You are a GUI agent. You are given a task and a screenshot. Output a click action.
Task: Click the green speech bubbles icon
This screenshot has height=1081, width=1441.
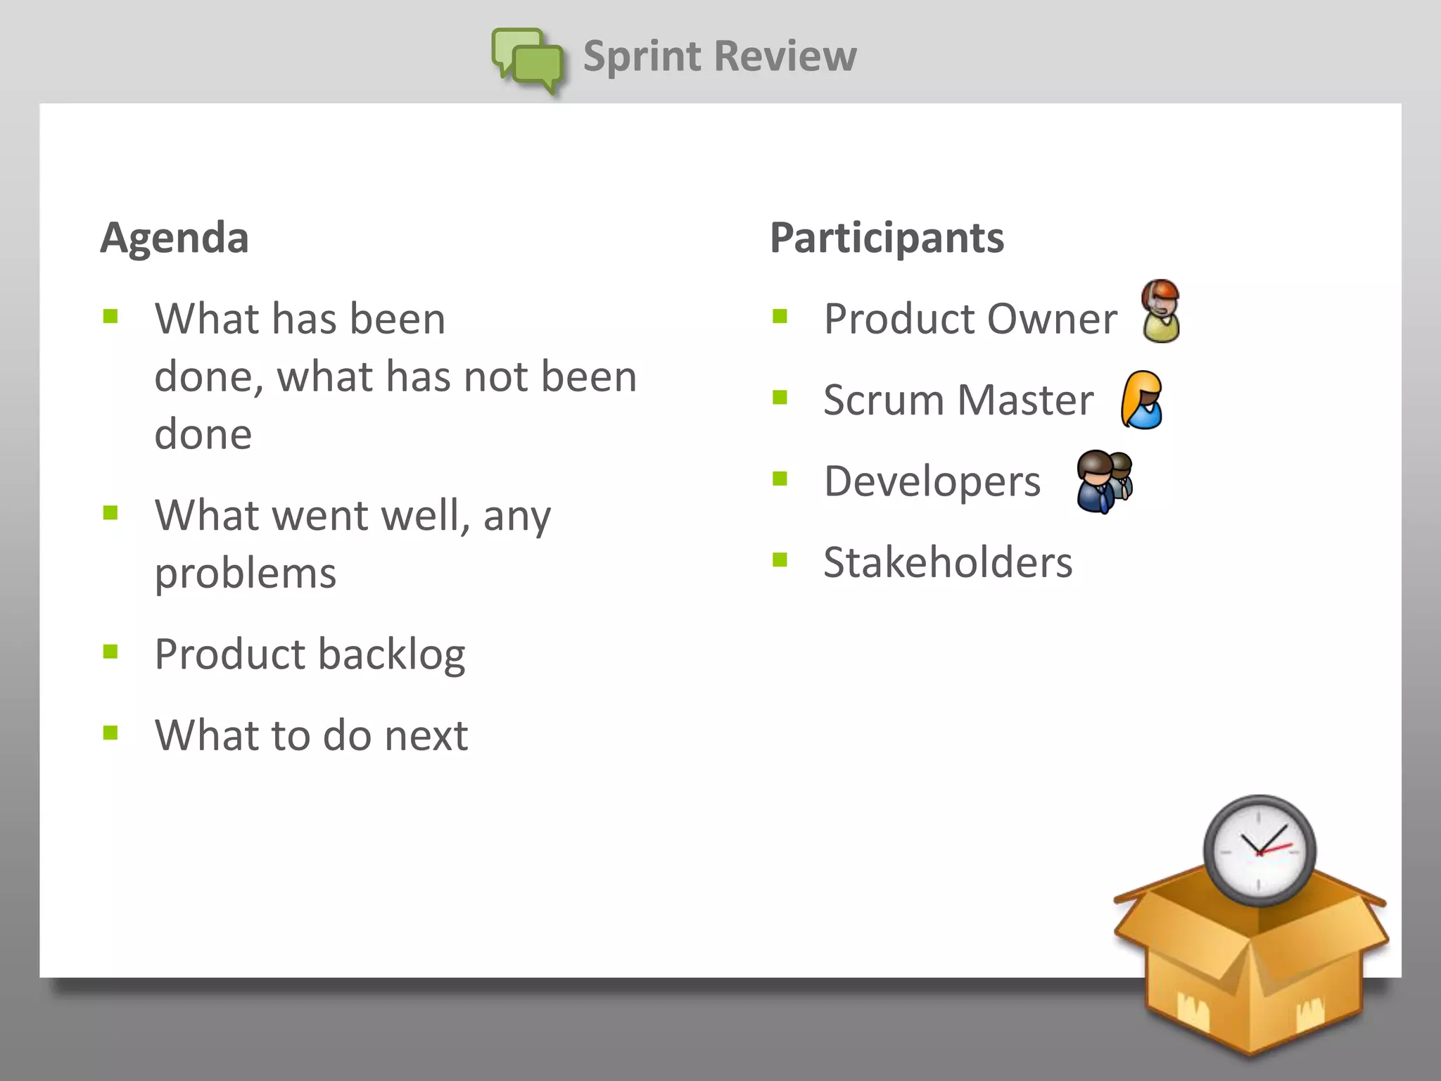pos(528,61)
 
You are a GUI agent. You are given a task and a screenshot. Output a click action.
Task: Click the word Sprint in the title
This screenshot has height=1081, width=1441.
pos(642,56)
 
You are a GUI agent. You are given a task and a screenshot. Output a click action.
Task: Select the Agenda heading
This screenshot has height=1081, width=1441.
pos(174,237)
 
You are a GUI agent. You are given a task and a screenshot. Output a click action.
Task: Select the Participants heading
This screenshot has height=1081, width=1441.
pos(887,237)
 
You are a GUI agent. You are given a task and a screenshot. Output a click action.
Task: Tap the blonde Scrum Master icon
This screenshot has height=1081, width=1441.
pos(1142,400)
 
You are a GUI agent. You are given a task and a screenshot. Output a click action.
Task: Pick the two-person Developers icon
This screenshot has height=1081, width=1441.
pos(1104,481)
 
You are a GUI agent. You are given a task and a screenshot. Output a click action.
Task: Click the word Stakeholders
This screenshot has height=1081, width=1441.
pos(948,562)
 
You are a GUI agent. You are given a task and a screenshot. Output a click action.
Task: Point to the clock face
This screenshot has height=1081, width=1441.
pos(1259,851)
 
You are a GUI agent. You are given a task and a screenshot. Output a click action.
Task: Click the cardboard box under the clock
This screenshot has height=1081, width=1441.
pos(1251,978)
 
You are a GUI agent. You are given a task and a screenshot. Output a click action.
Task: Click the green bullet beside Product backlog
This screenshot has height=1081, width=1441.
pos(110,652)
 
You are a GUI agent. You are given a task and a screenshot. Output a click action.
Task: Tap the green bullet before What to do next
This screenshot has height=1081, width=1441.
pos(110,733)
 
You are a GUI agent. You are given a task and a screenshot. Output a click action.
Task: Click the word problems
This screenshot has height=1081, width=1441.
pos(246,574)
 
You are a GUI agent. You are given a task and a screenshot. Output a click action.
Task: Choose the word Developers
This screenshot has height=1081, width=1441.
pos(932,481)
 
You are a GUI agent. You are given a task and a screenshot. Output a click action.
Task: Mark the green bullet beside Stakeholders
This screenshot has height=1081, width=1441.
pos(780,560)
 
